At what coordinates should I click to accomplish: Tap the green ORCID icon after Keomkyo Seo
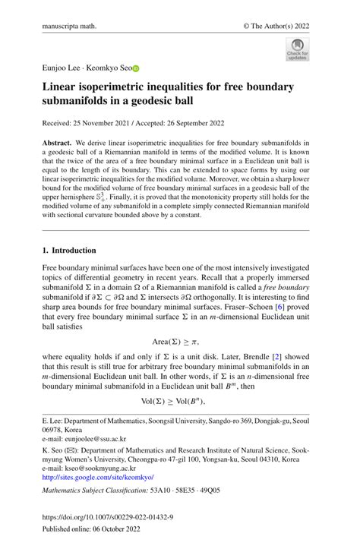tap(137, 68)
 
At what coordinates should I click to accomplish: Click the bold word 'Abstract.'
tap(58, 143)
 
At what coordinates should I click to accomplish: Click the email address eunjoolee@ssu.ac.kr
tap(95, 438)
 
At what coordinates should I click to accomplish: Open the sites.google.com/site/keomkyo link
tap(97, 477)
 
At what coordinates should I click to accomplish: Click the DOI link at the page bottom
tap(107, 517)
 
